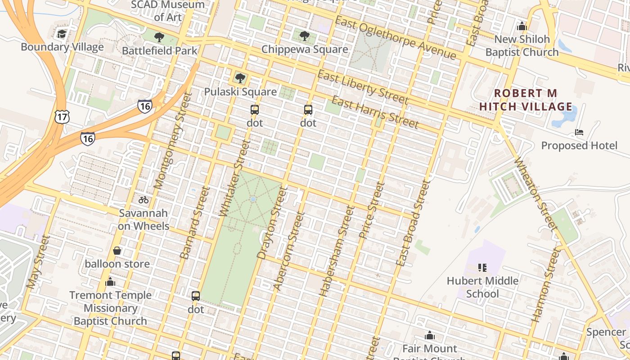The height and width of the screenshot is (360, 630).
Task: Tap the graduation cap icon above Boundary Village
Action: [x=62, y=34]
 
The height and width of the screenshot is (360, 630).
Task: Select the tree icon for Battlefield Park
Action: [x=159, y=37]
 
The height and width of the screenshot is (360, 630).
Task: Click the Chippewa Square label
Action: [x=305, y=49]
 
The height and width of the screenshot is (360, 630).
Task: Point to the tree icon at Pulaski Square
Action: [x=240, y=78]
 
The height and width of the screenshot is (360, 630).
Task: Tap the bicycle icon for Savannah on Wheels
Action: [x=144, y=200]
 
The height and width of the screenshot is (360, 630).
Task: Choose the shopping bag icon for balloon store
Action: [x=117, y=250]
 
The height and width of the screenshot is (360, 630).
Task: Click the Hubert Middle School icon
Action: [x=482, y=268]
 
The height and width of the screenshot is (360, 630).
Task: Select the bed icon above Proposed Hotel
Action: [x=579, y=132]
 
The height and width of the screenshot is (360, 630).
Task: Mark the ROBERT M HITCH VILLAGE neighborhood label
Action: [x=526, y=100]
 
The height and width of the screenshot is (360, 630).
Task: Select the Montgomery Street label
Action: [x=170, y=140]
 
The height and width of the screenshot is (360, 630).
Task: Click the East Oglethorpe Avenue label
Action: [x=396, y=38]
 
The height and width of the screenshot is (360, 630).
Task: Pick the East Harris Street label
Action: [x=375, y=112]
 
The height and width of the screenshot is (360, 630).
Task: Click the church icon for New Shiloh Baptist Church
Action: [x=522, y=26]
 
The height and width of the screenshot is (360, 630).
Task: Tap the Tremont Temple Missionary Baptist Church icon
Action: [x=110, y=282]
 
